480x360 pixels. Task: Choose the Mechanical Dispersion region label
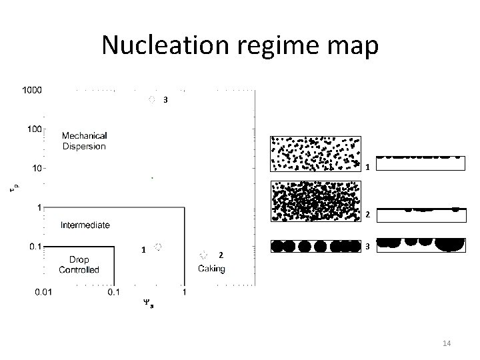click(x=84, y=141)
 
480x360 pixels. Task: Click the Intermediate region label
click(x=85, y=225)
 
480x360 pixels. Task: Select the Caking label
click(x=211, y=269)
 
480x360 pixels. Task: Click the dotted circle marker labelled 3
click(x=152, y=100)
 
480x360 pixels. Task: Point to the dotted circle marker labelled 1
click(x=158, y=247)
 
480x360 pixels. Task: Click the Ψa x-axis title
click(x=148, y=303)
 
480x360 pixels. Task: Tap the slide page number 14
click(x=447, y=343)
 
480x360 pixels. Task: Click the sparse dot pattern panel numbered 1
click(x=315, y=153)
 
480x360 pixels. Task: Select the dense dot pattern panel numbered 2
click(x=315, y=200)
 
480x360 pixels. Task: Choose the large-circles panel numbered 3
click(x=315, y=245)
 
